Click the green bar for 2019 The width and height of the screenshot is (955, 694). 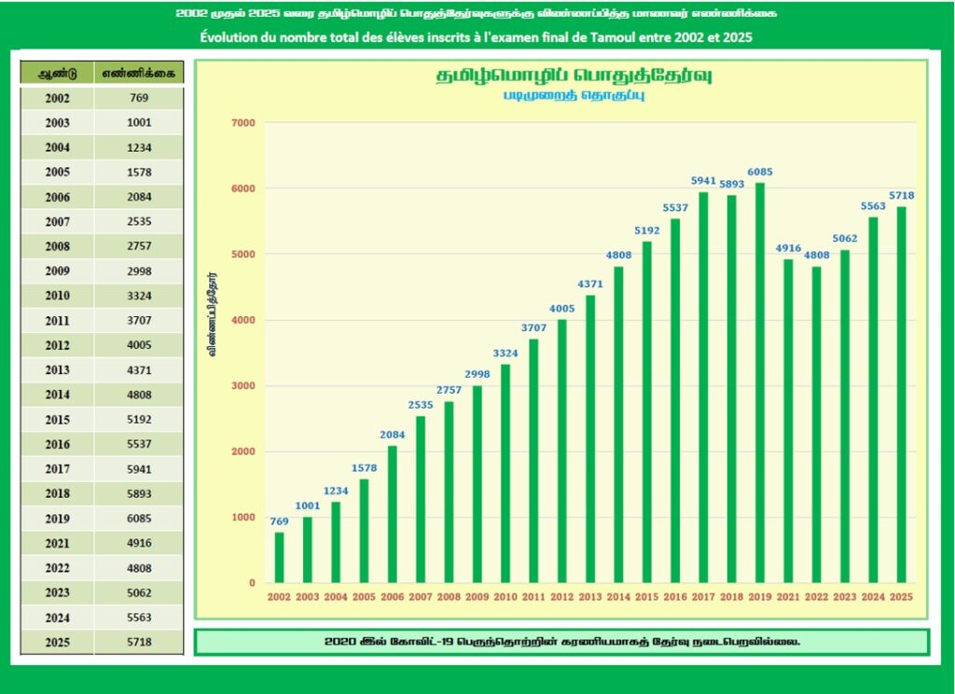point(759,382)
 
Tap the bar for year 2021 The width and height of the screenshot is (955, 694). point(788,421)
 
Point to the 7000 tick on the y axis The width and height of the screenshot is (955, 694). point(242,123)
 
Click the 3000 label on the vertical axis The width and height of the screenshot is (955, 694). point(242,386)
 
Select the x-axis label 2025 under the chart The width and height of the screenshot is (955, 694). point(901,596)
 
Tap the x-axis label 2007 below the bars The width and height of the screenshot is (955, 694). point(421,596)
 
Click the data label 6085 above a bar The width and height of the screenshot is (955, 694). point(759,172)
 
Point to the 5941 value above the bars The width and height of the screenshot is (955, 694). point(703,181)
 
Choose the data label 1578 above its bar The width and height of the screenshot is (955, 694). point(364,467)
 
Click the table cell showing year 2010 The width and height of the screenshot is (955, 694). point(56,296)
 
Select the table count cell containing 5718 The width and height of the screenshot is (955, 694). point(139,643)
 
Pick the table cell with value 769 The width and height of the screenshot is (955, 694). point(139,98)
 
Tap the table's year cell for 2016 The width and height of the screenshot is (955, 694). point(56,444)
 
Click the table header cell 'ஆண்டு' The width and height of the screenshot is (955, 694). point(56,73)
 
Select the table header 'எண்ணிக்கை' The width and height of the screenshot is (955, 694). point(139,73)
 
